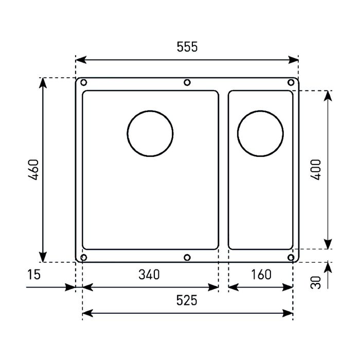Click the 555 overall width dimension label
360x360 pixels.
pos(187,47)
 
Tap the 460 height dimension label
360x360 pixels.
pos(33,170)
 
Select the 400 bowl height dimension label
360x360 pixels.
pos(315,170)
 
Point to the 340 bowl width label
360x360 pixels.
pos(149,274)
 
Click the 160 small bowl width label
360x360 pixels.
pos(261,274)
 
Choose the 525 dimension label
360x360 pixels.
pos(187,300)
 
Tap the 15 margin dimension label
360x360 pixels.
pos(34,274)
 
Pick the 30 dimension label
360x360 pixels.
pos(315,282)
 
